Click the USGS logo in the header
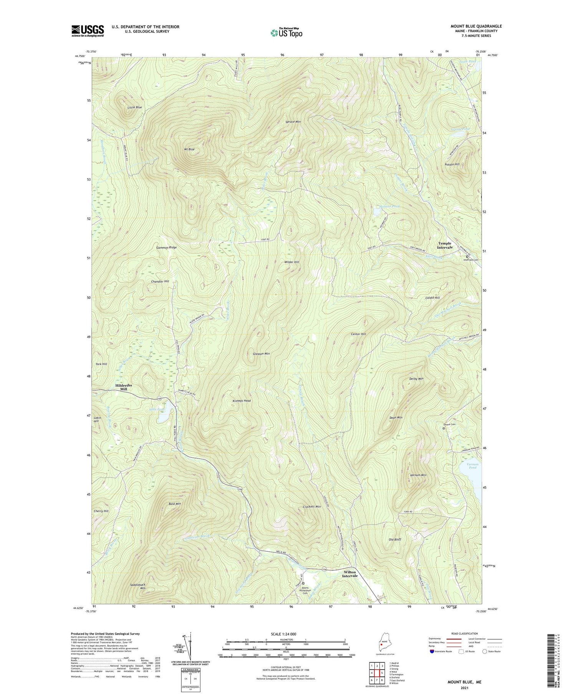88,31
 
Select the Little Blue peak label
135,107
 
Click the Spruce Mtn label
293,122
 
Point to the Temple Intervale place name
445,245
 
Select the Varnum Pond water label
472,465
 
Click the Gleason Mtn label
261,353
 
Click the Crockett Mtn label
311,507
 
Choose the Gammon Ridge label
166,248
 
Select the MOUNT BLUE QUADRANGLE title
476,26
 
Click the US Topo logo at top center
286,33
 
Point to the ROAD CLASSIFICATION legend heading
464,633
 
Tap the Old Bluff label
395,539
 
